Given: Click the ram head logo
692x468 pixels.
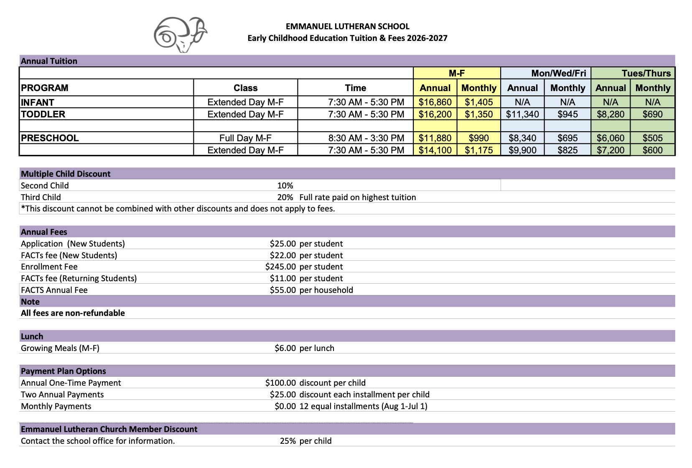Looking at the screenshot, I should coord(180,35).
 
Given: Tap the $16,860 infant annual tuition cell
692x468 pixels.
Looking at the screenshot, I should coord(435,102).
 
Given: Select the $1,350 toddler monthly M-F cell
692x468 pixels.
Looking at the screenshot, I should coord(478,114).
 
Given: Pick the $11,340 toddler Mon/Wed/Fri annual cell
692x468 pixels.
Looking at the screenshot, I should coord(522,114).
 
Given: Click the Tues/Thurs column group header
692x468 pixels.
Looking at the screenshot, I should coord(646,73).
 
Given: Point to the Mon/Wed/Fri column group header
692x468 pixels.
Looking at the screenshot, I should coord(558,73).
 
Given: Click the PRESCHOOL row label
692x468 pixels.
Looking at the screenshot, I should coord(50,138).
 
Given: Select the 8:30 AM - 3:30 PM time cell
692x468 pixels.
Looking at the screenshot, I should coord(366,138).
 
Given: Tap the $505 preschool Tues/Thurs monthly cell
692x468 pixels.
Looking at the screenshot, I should coord(652,138).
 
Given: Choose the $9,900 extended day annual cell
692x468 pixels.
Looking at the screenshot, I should coord(522,150).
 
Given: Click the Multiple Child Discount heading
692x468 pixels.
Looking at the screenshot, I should coord(66,174).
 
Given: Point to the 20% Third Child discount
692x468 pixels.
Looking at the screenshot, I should coord(285,197).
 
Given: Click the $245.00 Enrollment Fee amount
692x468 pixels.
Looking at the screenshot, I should coord(280,267).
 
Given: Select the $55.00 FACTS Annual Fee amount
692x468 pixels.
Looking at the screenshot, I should coord(282,290).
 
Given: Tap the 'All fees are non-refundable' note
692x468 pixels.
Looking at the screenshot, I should coord(73,313).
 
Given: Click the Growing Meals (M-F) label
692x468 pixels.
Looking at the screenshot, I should coord(60,348).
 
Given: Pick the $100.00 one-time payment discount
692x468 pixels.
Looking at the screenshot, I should coord(280,383).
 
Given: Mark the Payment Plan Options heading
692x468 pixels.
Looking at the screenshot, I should coord(64,371).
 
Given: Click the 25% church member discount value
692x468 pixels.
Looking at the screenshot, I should coord(287,441).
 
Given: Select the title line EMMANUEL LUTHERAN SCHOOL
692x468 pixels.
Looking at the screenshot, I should coord(347,26).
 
